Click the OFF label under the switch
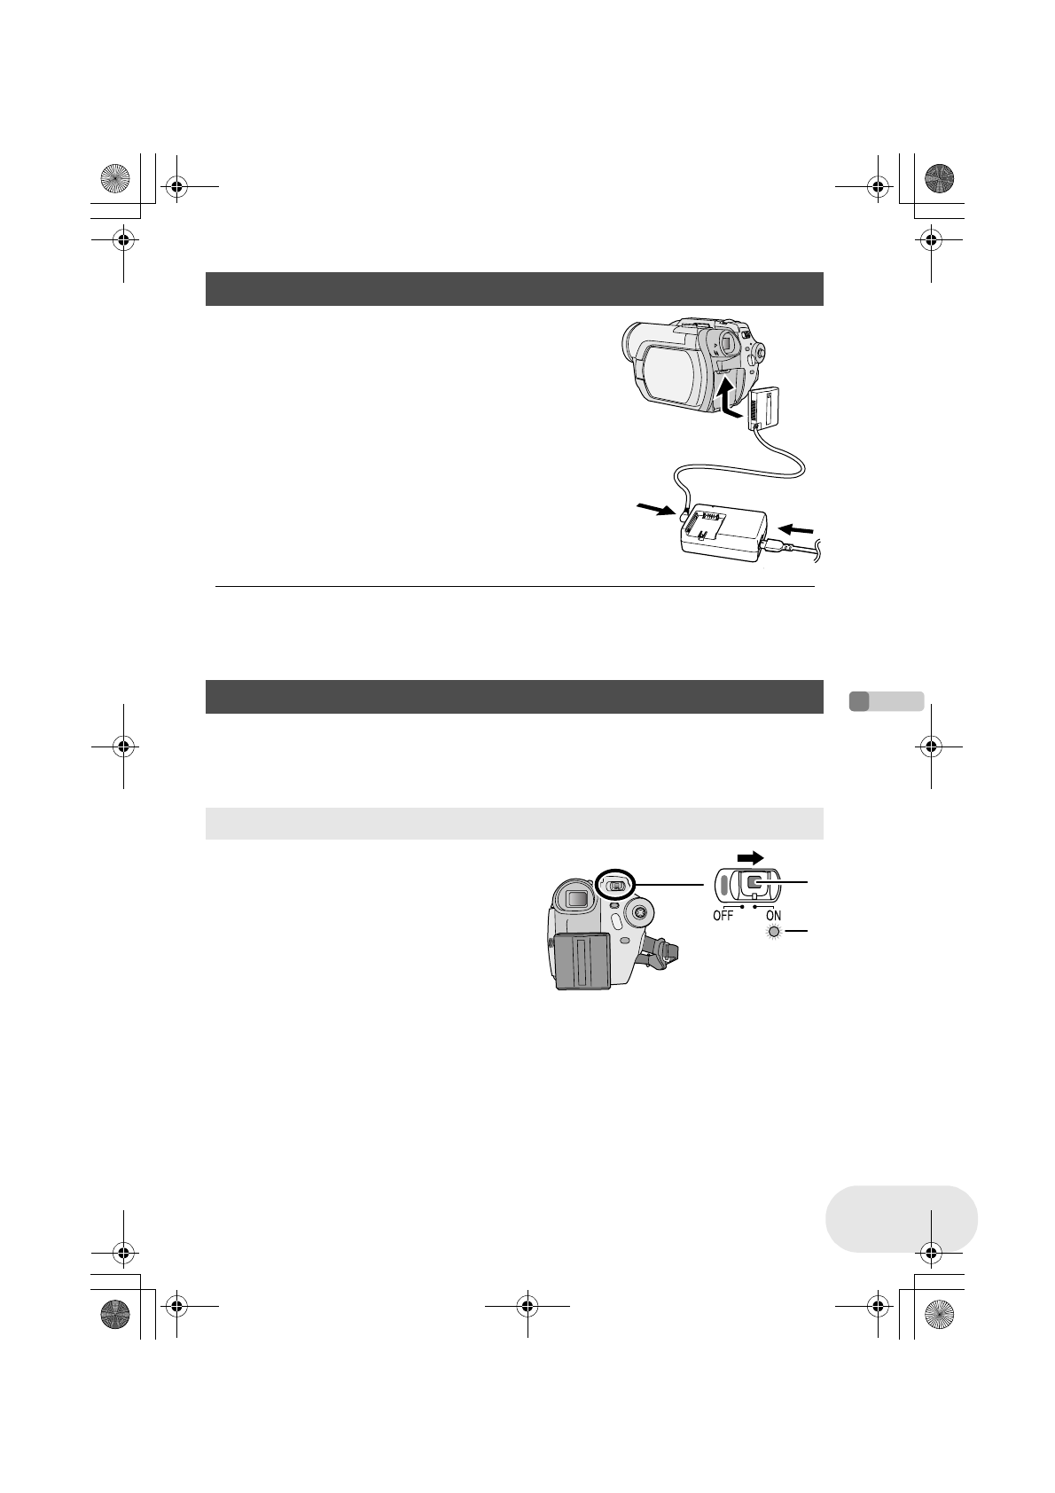tap(723, 917)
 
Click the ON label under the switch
tap(773, 917)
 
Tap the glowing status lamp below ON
tap(773, 932)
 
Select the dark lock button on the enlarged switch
tap(754, 883)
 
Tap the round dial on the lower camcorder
tap(639, 911)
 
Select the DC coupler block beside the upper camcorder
tap(766, 408)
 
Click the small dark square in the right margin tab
tap(858, 700)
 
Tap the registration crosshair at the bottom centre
tap(527, 1305)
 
